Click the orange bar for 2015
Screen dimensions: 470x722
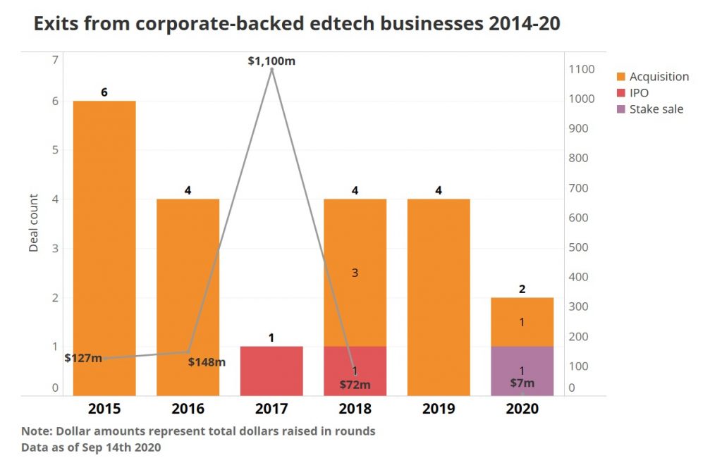[104, 247]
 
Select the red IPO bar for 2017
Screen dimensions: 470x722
[271, 371]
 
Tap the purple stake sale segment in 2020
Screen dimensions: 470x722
[522, 371]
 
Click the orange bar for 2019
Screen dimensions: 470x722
[439, 296]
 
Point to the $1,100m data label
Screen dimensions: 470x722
[271, 61]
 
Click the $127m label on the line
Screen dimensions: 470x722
[83, 358]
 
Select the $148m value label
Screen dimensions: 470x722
[207, 362]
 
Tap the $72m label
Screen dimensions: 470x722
[355, 385]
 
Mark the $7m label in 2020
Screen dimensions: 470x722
[522, 383]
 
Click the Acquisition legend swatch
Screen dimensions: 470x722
[620, 77]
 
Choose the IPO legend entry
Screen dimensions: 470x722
[639, 93]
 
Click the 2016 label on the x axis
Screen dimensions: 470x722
[188, 409]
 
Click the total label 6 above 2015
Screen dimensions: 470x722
[104, 92]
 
